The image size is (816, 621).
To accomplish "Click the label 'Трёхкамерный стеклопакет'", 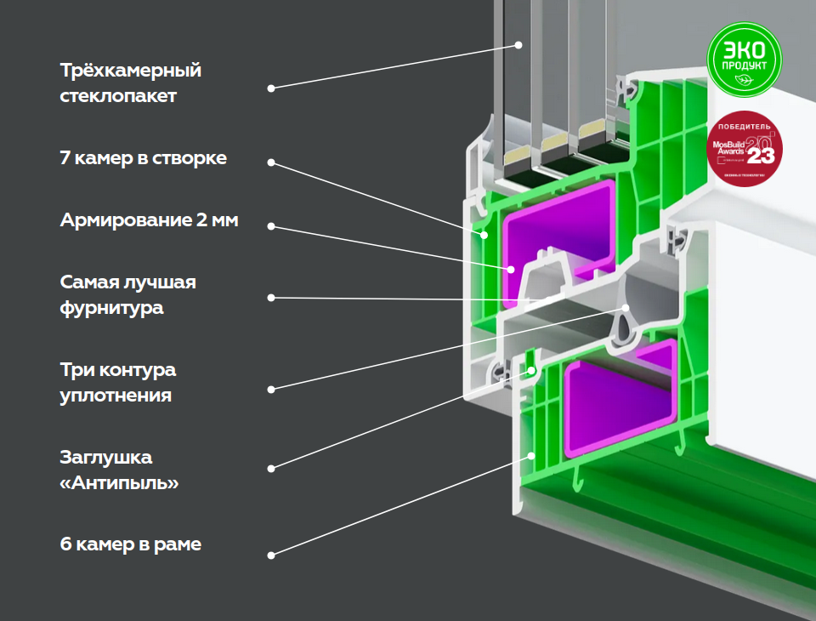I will tap(130, 83).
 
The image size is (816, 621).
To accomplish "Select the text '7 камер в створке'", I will tap(143, 158).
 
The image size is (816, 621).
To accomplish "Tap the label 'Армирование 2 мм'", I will tap(149, 220).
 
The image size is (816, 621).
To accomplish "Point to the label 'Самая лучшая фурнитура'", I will tap(127, 294).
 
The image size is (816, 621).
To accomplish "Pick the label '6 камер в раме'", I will tap(130, 544).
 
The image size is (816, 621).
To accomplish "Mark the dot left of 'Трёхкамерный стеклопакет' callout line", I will tap(271, 88).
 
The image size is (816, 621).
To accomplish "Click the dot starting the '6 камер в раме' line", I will tap(271, 555).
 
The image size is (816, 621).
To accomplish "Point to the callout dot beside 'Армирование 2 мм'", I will tap(271, 226).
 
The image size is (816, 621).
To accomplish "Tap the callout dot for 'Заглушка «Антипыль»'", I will tap(271, 468).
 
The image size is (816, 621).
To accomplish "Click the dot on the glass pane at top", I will tap(517, 45).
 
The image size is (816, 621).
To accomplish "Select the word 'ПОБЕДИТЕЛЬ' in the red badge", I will tap(744, 127).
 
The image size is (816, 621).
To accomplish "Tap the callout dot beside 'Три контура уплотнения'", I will tap(271, 389).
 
